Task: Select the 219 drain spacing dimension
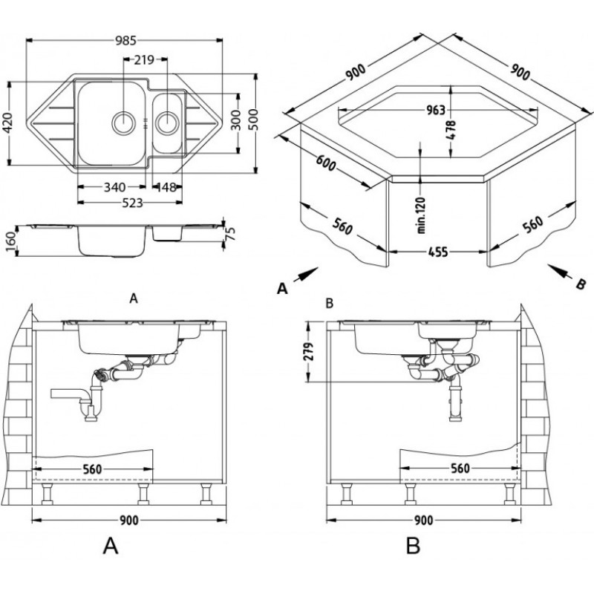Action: pyautogui.click(x=146, y=59)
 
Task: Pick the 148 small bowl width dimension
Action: pyautogui.click(x=168, y=187)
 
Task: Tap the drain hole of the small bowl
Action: pyautogui.click(x=168, y=120)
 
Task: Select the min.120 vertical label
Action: pyautogui.click(x=421, y=215)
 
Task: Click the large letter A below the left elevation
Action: pyautogui.click(x=109, y=546)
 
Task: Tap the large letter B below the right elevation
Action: pyautogui.click(x=413, y=546)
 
